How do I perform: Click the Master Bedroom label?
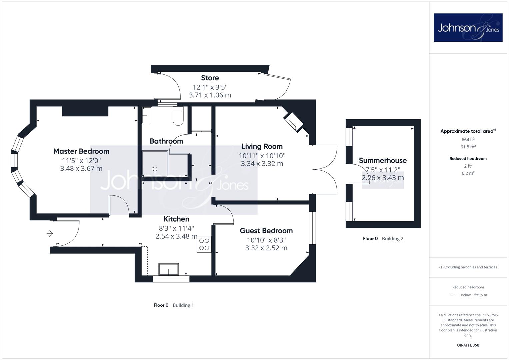[x=81, y=151]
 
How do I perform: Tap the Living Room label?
[x=262, y=146]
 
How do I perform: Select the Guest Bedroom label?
[x=266, y=231]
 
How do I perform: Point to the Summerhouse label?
[x=383, y=160]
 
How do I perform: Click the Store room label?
[x=210, y=78]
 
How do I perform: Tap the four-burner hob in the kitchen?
[x=204, y=244]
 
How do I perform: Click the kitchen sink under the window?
[x=168, y=269]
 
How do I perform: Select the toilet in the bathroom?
[x=178, y=116]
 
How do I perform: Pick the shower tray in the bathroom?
[x=155, y=164]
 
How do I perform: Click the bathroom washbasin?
[x=147, y=115]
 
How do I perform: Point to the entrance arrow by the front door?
[x=50, y=233]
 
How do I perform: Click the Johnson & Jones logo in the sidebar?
[x=468, y=27]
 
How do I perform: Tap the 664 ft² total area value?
[x=468, y=139]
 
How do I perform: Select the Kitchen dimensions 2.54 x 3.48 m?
[x=176, y=236]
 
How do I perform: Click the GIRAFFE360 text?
[x=468, y=345]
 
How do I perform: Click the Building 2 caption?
[x=392, y=238]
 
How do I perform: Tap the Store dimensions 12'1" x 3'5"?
[x=210, y=87]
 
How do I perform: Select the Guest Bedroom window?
[x=312, y=228]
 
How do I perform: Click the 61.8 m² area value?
[x=468, y=147]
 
